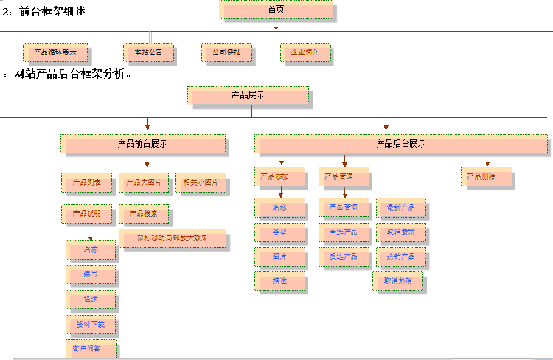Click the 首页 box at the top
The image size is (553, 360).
[276, 10]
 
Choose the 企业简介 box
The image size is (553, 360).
[305, 52]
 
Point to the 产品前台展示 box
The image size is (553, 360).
[143, 144]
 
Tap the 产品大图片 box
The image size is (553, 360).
[144, 182]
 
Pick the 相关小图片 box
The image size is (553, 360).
[201, 182]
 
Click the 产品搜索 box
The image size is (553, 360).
[144, 214]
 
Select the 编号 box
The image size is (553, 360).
[91, 274]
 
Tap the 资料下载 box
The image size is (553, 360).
[91, 324]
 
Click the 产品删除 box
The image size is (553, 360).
[486, 177]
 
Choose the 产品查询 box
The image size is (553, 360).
[344, 207]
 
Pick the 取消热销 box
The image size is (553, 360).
[403, 281]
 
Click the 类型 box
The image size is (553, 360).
[279, 232]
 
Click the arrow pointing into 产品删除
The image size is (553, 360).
[487, 161]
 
